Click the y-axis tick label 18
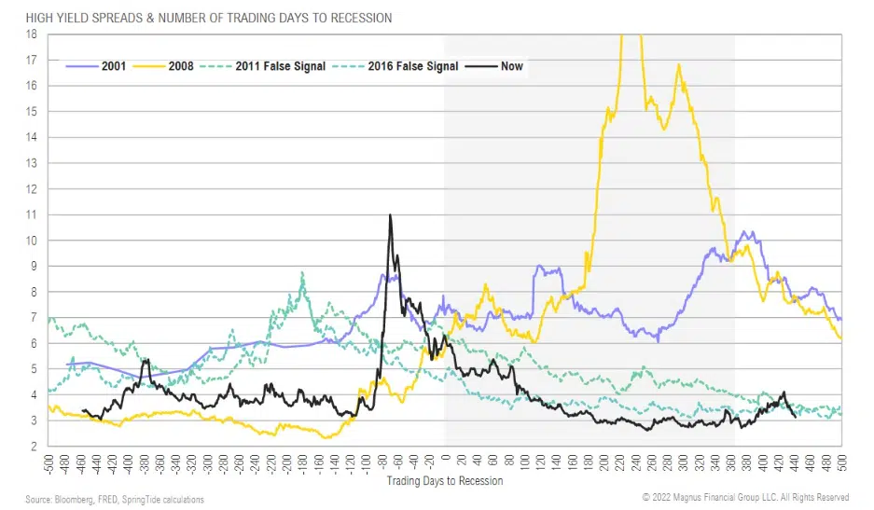[x=32, y=34]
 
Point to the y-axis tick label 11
[x=32, y=214]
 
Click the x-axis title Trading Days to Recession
[x=444, y=481]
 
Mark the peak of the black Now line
[x=390, y=215]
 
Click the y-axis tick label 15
[x=32, y=112]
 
